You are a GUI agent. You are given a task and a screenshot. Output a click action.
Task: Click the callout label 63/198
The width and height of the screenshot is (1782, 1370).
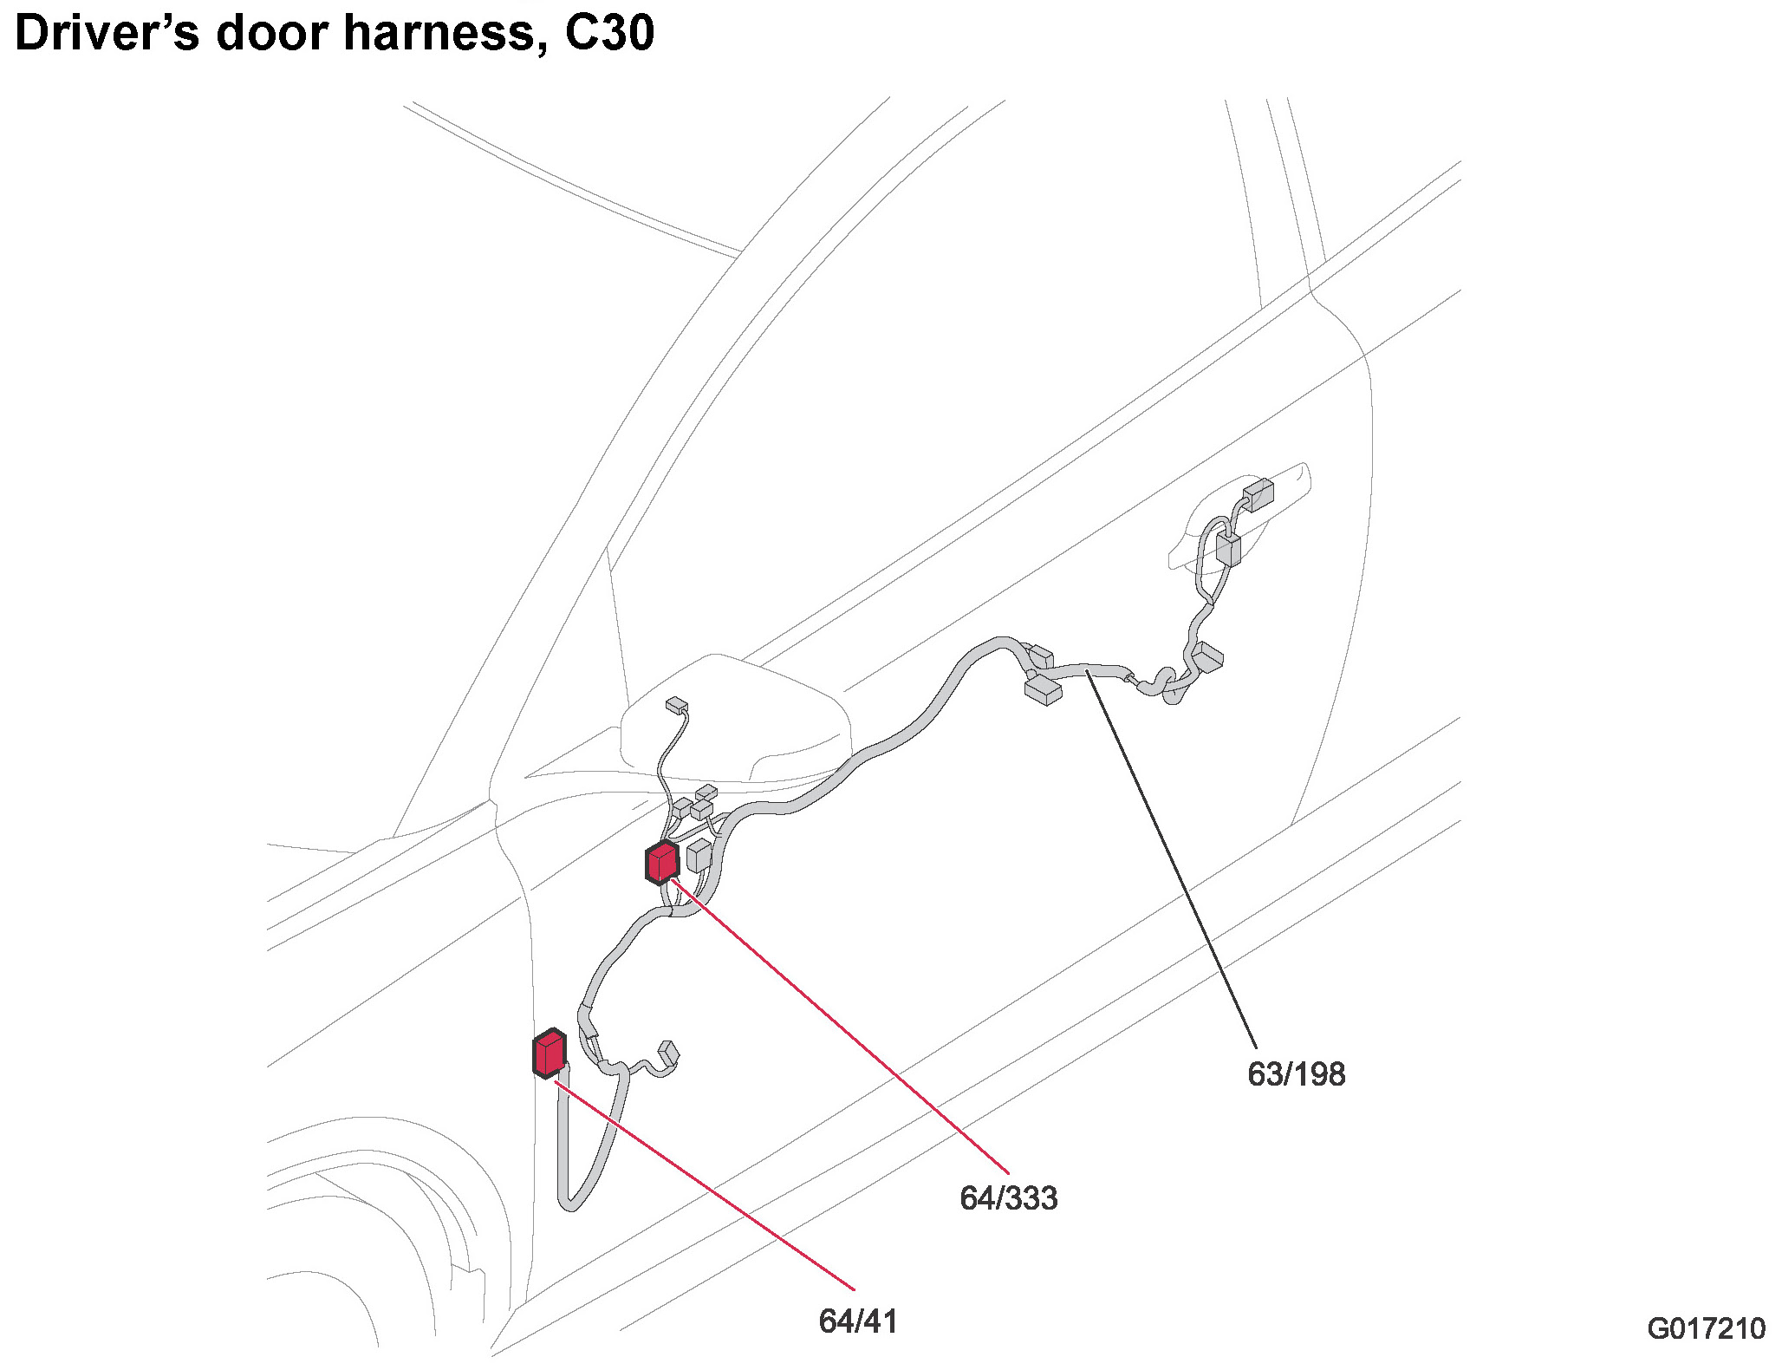[1296, 1074]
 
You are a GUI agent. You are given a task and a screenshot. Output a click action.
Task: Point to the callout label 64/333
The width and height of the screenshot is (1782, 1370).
[1008, 1198]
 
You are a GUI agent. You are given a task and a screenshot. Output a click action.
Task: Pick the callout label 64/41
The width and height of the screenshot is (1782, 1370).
[857, 1321]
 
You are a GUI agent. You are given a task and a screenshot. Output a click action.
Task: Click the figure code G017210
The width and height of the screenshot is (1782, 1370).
[1705, 1328]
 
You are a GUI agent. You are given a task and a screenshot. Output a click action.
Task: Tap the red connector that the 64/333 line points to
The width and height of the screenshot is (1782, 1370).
[661, 862]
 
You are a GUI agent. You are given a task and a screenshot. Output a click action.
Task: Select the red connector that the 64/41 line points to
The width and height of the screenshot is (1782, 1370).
[550, 1054]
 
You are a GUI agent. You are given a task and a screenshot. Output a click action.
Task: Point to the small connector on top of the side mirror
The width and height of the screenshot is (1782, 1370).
[675, 705]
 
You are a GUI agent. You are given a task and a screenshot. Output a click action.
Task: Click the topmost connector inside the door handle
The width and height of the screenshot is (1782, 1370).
[1258, 494]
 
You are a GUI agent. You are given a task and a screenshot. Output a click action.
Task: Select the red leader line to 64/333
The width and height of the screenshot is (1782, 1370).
[841, 1023]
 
